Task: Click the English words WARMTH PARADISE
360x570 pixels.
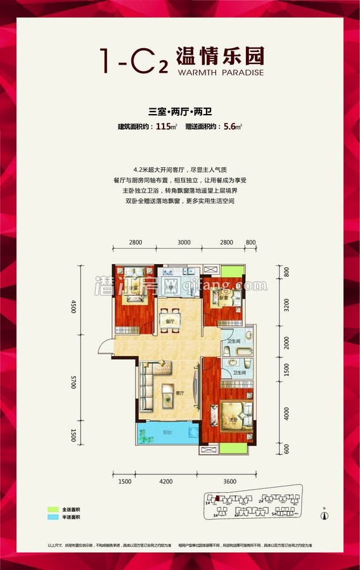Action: [217, 72]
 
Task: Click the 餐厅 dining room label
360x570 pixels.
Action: [169, 322]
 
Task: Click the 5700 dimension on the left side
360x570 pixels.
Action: [74, 382]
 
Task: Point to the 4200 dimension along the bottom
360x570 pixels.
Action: [166, 482]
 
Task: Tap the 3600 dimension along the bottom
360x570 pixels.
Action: [229, 482]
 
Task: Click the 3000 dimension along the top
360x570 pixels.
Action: [184, 243]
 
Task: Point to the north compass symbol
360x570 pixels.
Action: [325, 514]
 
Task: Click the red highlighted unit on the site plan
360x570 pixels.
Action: [217, 498]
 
